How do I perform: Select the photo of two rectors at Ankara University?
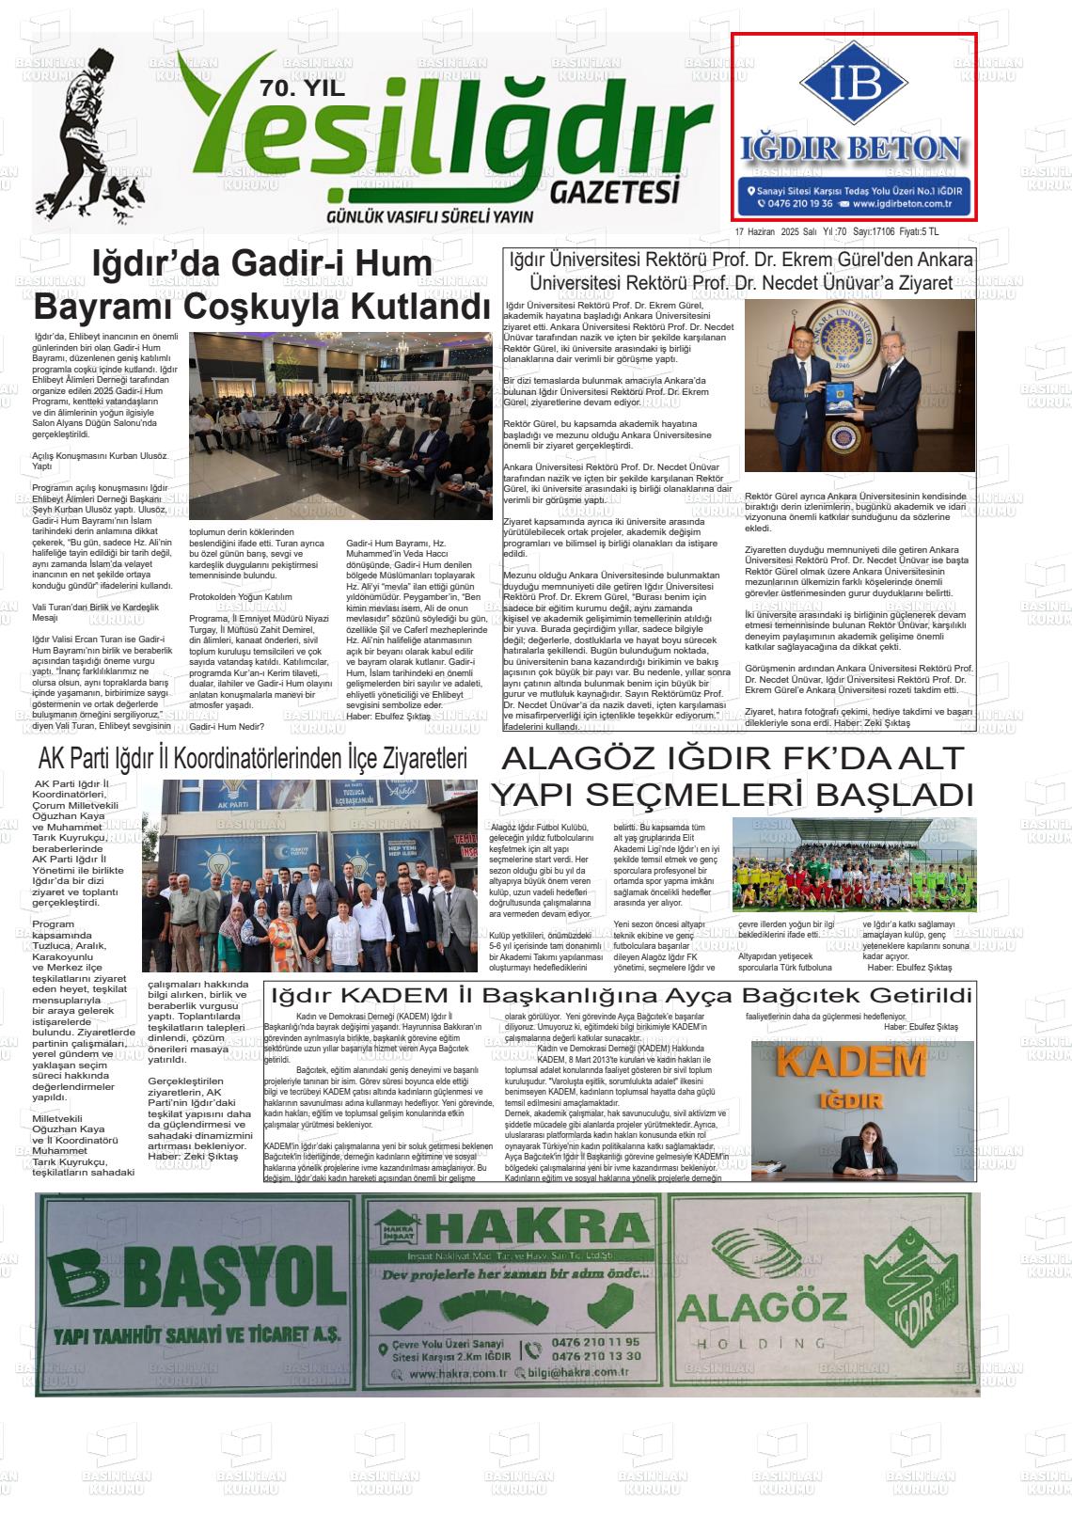pyautogui.click(x=859, y=385)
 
